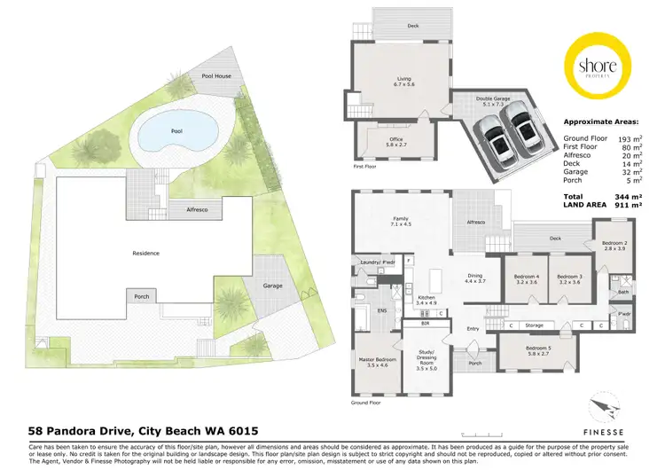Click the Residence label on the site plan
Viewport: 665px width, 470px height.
146,253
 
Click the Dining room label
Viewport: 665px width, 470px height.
474,278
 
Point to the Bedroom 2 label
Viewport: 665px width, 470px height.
614,246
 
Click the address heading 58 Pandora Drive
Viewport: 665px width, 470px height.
137,429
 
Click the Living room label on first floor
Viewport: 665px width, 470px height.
403,82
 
